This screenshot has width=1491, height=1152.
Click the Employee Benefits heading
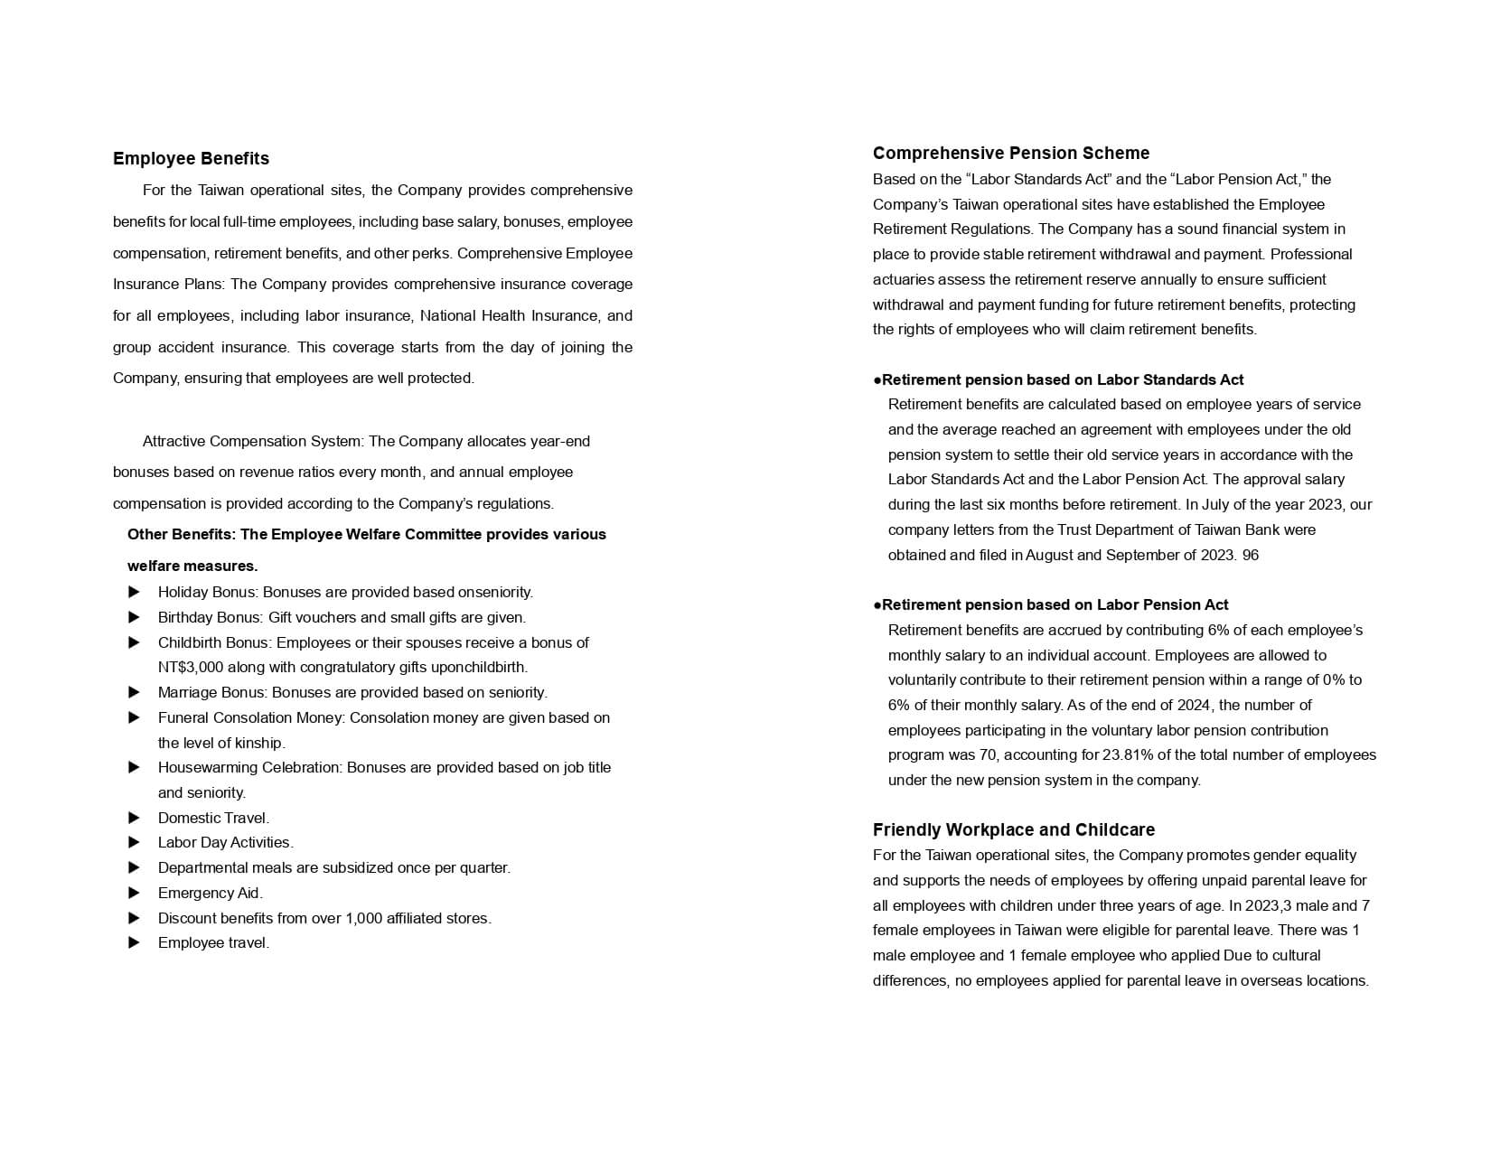point(191,159)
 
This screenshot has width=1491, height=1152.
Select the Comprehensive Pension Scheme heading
point(1011,154)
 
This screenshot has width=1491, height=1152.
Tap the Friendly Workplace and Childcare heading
point(1013,830)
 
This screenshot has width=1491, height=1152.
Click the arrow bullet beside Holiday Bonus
point(135,593)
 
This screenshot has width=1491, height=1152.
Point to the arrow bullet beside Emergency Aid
point(135,894)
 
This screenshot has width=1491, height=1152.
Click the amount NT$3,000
point(191,668)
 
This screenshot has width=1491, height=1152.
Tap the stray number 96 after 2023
point(1251,556)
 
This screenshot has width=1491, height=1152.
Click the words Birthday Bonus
point(209,618)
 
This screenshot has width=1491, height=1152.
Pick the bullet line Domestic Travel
point(213,819)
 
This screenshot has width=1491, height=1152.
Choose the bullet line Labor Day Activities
point(225,843)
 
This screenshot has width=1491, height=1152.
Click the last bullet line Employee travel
point(213,943)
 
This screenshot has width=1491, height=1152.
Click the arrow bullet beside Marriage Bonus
point(135,693)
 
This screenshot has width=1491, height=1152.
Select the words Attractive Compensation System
point(252,442)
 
